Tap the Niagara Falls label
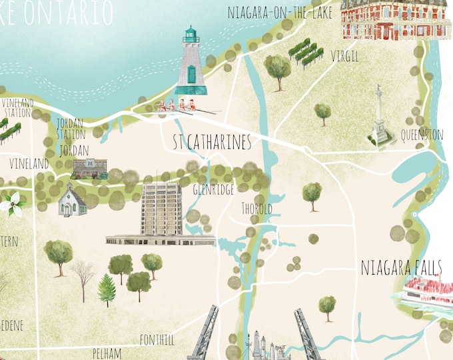point(400,268)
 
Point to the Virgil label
point(344,57)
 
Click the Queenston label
point(422,135)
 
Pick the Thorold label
point(256,209)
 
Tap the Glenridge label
point(213,190)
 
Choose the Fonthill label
point(157,339)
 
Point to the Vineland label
point(29,163)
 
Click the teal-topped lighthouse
point(191,63)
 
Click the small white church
point(72,200)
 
